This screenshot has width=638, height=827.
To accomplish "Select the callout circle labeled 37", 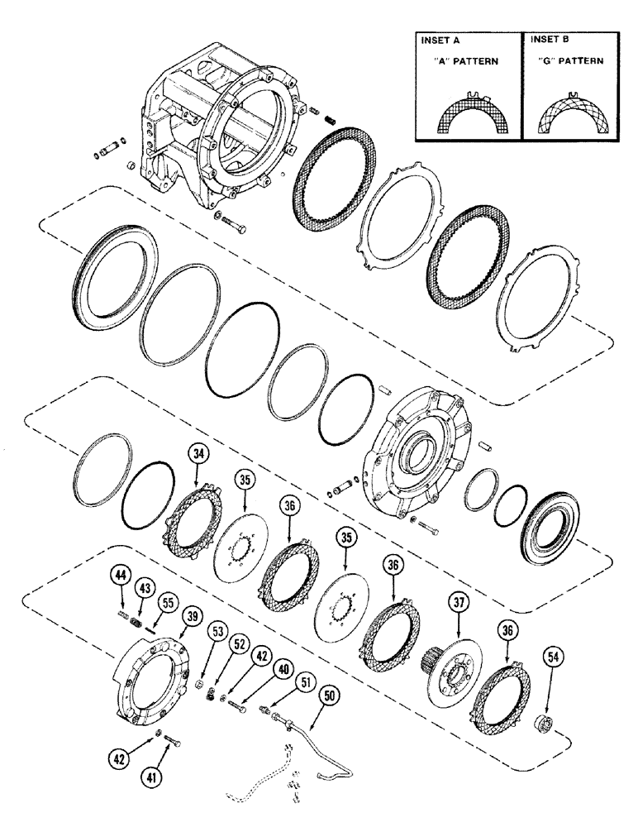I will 459,603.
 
